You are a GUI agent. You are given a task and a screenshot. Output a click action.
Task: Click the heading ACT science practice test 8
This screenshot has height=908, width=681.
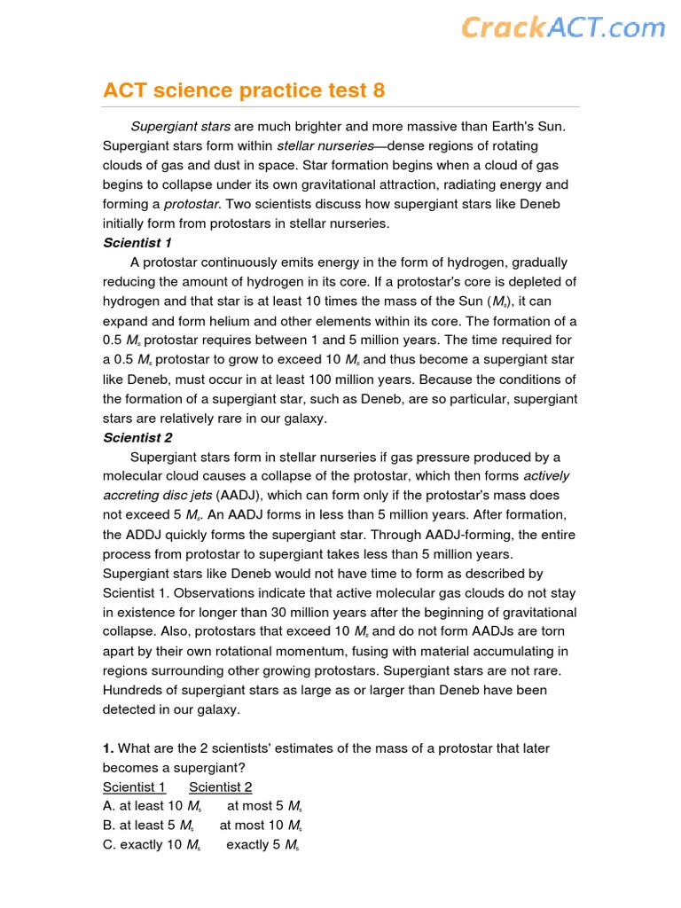[x=244, y=90]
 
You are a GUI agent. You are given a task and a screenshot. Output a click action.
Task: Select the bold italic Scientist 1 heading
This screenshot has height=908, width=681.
[x=137, y=243]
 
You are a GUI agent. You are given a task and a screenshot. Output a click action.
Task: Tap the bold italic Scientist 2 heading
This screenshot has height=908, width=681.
[x=137, y=437]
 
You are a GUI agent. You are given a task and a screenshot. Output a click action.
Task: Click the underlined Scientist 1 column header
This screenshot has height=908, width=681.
[x=134, y=787]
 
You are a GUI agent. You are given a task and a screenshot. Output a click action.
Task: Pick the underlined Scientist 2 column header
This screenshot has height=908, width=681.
[x=220, y=787]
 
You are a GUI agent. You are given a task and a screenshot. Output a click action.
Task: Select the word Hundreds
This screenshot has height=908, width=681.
[x=132, y=690]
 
